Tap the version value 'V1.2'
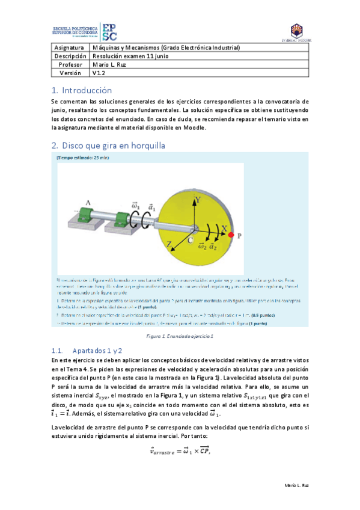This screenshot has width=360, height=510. coord(99,73)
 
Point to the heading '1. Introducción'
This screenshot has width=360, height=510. coord(82,90)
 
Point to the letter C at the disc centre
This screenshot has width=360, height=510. coord(191,240)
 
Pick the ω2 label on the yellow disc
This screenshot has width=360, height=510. coord(204,245)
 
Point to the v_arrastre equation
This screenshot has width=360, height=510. coord(180,449)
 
